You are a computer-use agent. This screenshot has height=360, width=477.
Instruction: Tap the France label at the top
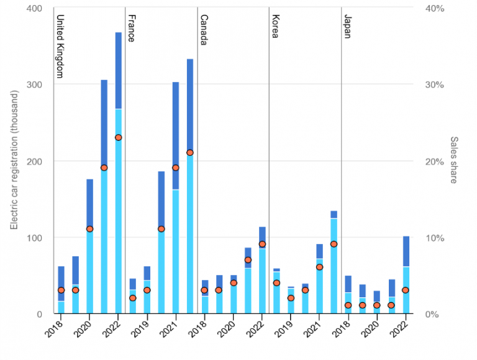[131, 28]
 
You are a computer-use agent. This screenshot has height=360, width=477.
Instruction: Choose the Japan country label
[347, 27]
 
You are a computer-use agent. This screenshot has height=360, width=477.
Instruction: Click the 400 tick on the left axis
[35, 9]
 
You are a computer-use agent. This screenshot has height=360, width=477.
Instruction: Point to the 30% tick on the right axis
[432, 85]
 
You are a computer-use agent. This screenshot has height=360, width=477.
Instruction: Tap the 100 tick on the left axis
[35, 238]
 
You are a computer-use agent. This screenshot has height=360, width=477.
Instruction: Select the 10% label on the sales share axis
[432, 238]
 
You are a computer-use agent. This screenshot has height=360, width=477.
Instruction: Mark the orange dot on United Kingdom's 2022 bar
[118, 138]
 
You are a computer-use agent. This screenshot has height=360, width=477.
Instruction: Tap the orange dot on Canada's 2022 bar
[262, 244]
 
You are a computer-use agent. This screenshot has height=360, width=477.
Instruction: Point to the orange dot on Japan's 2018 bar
[348, 305]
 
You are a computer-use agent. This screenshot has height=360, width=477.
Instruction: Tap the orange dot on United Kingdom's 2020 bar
[89, 229]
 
